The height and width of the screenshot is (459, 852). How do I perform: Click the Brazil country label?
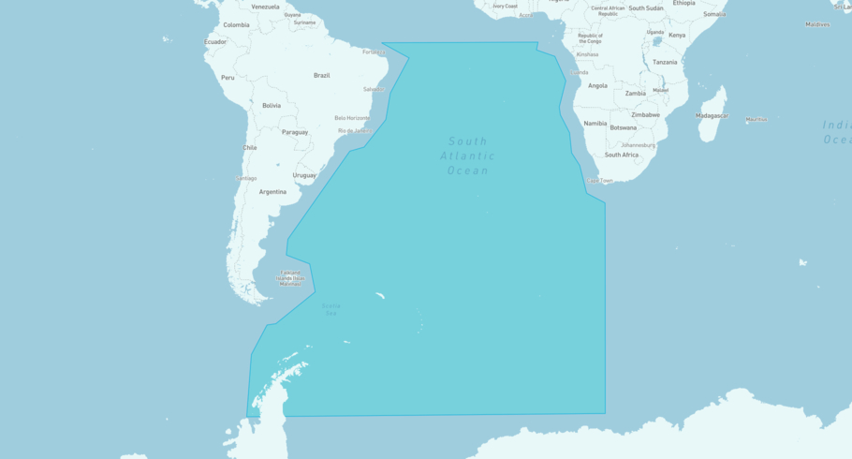click(x=321, y=75)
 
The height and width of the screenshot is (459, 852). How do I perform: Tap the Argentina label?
click(x=272, y=191)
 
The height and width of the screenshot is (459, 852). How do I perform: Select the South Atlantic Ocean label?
click(x=467, y=155)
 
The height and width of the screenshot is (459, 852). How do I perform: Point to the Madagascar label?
click(x=712, y=115)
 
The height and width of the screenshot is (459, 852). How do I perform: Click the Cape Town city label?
click(x=599, y=180)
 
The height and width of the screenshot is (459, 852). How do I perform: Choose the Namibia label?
click(x=595, y=124)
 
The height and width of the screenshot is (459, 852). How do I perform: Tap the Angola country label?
click(x=597, y=85)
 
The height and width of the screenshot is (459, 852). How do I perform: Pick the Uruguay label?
click(x=304, y=175)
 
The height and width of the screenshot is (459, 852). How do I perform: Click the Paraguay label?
click(x=295, y=132)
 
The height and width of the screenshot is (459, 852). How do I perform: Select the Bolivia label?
click(x=272, y=106)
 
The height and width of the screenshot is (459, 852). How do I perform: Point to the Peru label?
click(x=228, y=78)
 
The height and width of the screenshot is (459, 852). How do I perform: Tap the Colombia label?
click(x=236, y=25)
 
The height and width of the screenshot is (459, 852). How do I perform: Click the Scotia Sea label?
click(x=331, y=308)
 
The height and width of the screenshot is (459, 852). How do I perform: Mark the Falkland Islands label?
click(x=290, y=277)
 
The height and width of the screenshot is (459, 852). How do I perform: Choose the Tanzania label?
click(x=665, y=62)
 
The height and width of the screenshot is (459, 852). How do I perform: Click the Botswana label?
click(x=623, y=127)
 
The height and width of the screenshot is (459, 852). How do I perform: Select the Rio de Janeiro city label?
click(x=355, y=130)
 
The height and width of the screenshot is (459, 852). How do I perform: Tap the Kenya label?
click(x=676, y=36)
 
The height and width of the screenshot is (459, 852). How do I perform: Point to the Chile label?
click(x=250, y=147)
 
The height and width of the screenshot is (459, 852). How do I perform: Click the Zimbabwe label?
click(x=645, y=114)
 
